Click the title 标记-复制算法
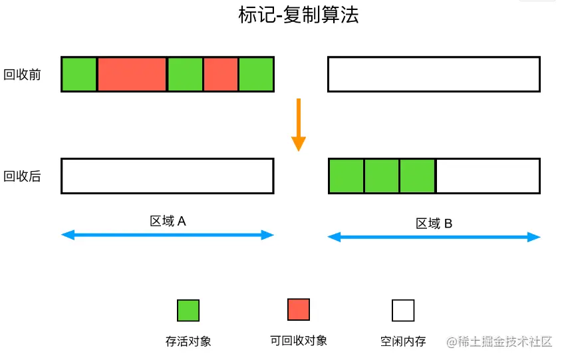(x=299, y=15)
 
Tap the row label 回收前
(x=23, y=75)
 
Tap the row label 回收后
(x=23, y=176)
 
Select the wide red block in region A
(x=132, y=74)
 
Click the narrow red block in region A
(x=221, y=74)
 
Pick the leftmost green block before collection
(x=79, y=74)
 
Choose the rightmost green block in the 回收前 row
(x=256, y=74)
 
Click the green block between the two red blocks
(x=185, y=74)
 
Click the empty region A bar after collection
(x=167, y=176)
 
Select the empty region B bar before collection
(x=434, y=74)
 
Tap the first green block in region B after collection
(x=347, y=176)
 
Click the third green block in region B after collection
(x=417, y=176)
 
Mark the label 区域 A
(x=168, y=221)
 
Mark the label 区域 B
(x=434, y=224)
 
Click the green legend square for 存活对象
(x=188, y=310)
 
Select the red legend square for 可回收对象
(x=299, y=309)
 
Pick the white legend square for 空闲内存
(x=403, y=310)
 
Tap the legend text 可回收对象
(x=299, y=341)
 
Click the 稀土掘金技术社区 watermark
(x=499, y=341)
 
